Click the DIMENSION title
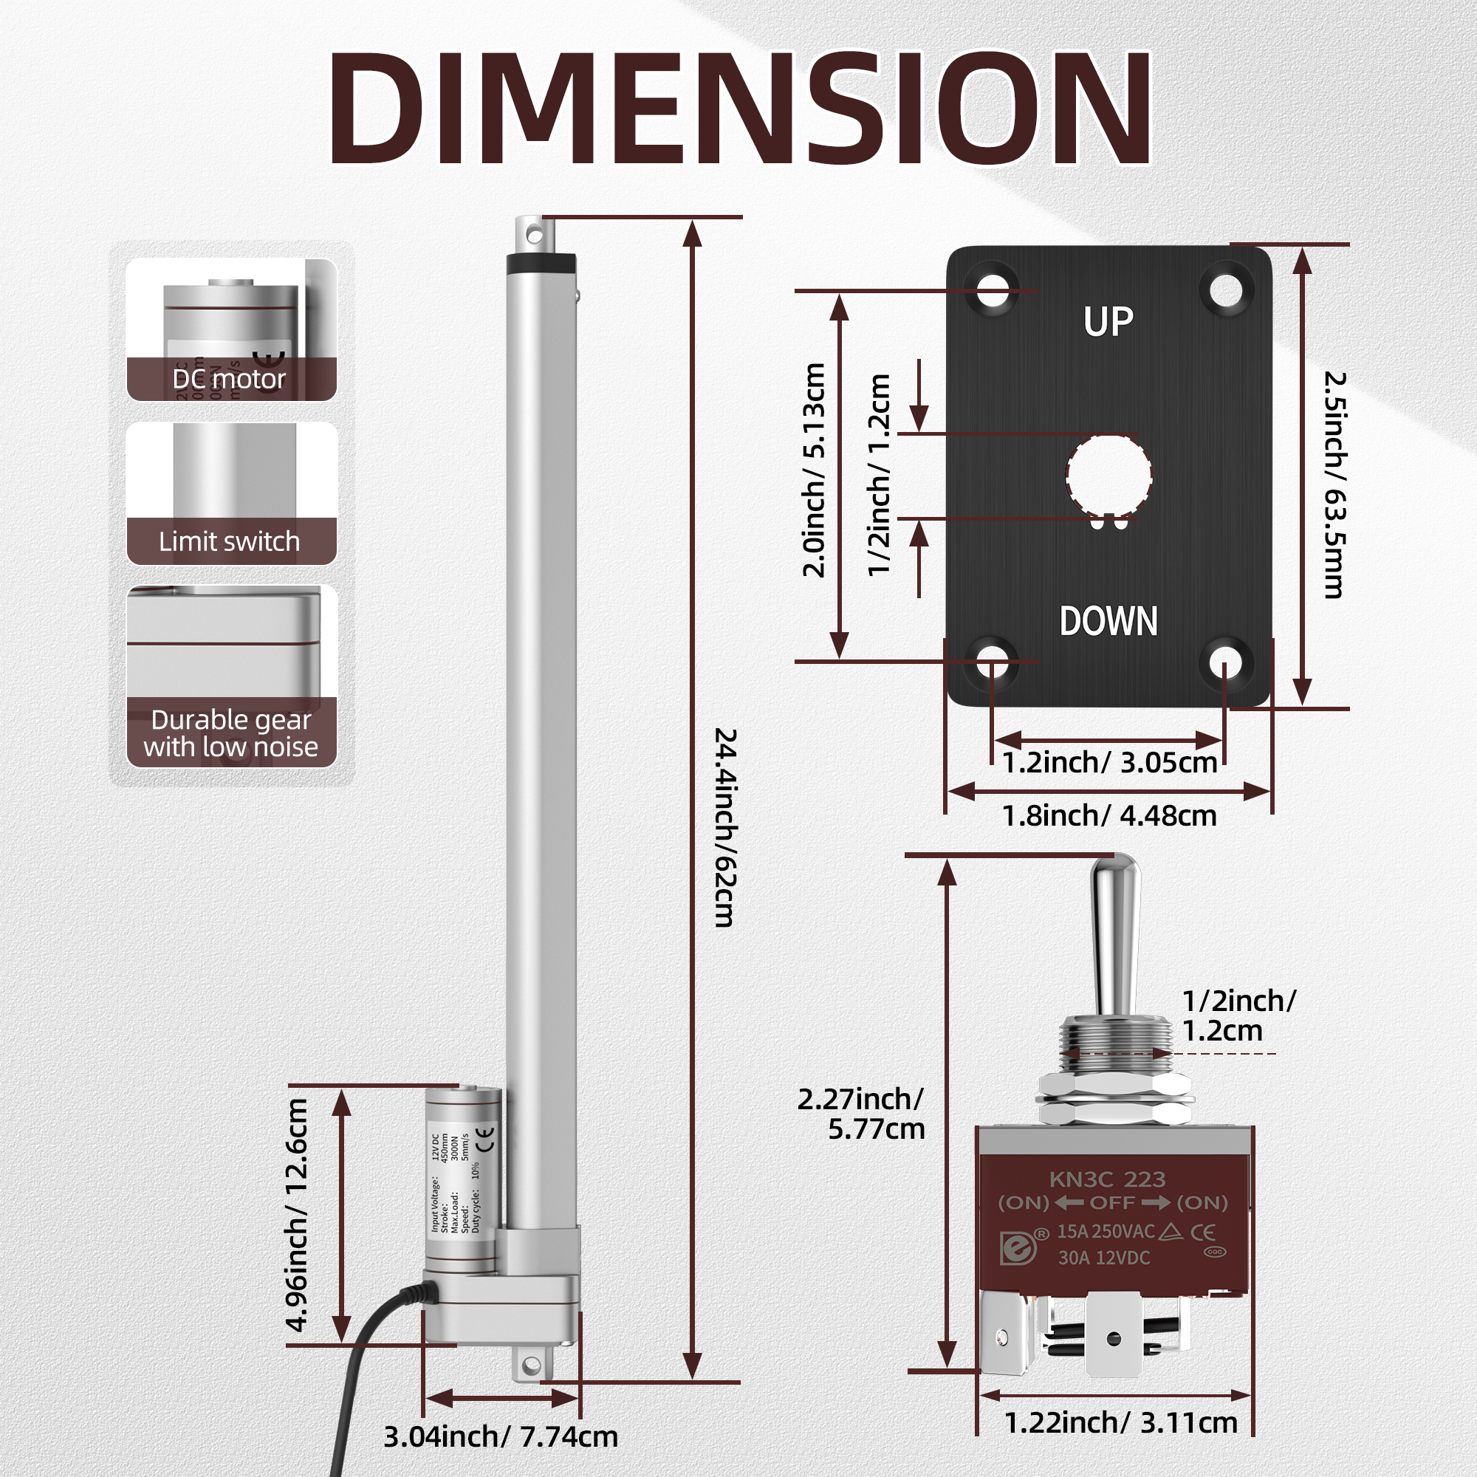point(738,109)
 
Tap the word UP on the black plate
point(1108,322)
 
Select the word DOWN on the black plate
point(1108,621)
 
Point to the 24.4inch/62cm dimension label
point(724,827)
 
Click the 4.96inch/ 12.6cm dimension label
point(297,1215)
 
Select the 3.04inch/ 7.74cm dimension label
point(500,1436)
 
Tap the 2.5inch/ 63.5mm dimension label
point(1334,484)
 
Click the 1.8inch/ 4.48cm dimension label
point(1108,816)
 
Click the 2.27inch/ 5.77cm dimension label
point(862,1114)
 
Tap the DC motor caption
point(230,379)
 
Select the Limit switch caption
point(230,541)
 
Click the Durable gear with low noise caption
point(231,733)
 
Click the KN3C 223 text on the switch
point(1107,1179)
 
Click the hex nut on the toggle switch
point(1114,1087)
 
